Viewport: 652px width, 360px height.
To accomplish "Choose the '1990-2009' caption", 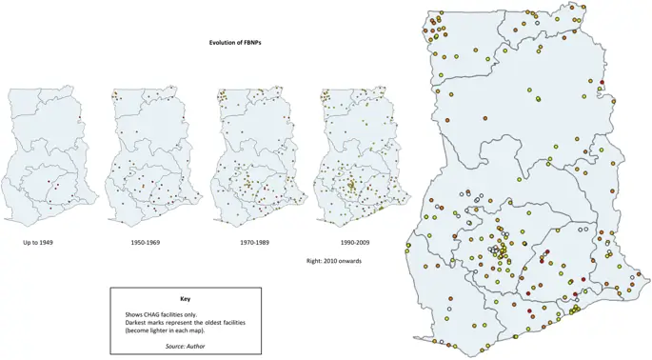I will (353, 244).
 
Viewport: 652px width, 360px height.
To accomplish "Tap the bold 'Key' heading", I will (186, 299).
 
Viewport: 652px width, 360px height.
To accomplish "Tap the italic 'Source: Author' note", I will (186, 346).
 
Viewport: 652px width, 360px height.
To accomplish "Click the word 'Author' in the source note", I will (195, 346).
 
